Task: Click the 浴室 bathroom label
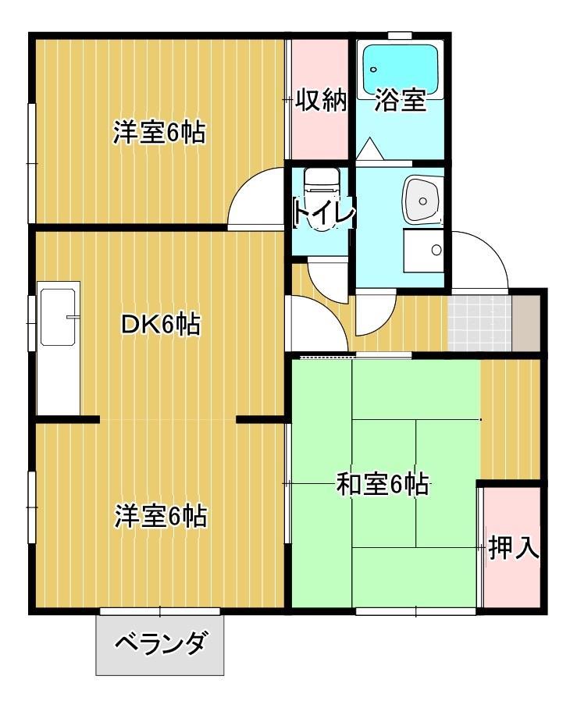pyautogui.click(x=400, y=100)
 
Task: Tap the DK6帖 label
pyautogui.click(x=161, y=324)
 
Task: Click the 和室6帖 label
pyautogui.click(x=383, y=485)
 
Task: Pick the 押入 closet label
pyautogui.click(x=514, y=547)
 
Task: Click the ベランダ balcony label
pyautogui.click(x=161, y=642)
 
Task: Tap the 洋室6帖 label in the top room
pyautogui.click(x=159, y=132)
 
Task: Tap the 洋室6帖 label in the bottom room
pyautogui.click(x=160, y=516)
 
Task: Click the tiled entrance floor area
pyautogui.click(x=479, y=323)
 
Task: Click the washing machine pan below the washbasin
pyautogui.click(x=423, y=251)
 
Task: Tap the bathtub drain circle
pyautogui.click(x=373, y=69)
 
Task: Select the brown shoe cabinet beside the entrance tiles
pyautogui.click(x=526, y=323)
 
